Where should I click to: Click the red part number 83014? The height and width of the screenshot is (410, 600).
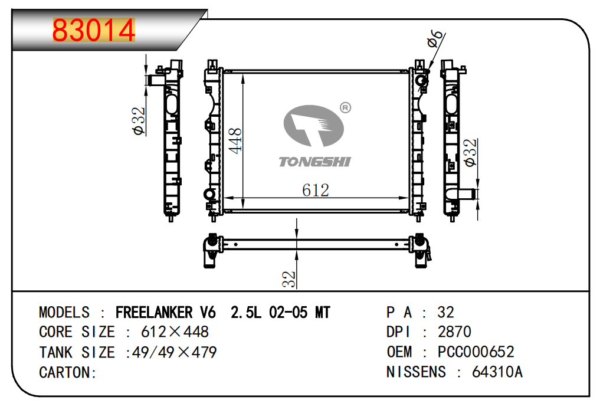pyautogui.click(x=94, y=30)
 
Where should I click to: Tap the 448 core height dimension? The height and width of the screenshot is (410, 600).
pyautogui.click(x=235, y=141)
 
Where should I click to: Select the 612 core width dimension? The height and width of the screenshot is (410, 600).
pyautogui.click(x=315, y=190)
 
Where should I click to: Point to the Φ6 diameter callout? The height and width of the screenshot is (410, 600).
pyautogui.click(x=436, y=38)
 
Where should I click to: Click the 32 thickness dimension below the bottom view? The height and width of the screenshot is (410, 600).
pyautogui.click(x=289, y=279)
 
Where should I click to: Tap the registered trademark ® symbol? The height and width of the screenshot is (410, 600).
pyautogui.click(x=345, y=108)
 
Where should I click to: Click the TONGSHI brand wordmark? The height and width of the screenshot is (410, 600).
pyautogui.click(x=314, y=162)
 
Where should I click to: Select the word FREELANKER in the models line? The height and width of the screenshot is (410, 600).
pyautogui.click(x=154, y=313)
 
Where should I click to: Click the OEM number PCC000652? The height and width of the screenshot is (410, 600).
pyautogui.click(x=476, y=352)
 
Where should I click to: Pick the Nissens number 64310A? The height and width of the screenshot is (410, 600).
pyautogui.click(x=497, y=372)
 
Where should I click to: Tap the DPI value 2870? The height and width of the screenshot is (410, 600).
pyautogui.click(x=454, y=332)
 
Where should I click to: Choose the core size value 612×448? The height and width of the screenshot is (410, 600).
pyautogui.click(x=175, y=332)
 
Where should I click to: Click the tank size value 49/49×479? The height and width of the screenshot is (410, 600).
pyautogui.click(x=174, y=352)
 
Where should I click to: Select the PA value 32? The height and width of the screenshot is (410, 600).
pyautogui.click(x=446, y=313)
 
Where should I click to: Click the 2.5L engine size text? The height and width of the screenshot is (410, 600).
pyautogui.click(x=246, y=313)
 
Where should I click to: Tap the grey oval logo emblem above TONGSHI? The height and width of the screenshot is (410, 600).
pyautogui.click(x=314, y=126)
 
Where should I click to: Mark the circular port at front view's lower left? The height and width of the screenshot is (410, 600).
pyautogui.click(x=209, y=194)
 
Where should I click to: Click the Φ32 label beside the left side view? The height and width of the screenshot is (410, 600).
pyautogui.click(x=139, y=121)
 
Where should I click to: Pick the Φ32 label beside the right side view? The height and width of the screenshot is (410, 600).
pyautogui.click(x=471, y=152)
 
